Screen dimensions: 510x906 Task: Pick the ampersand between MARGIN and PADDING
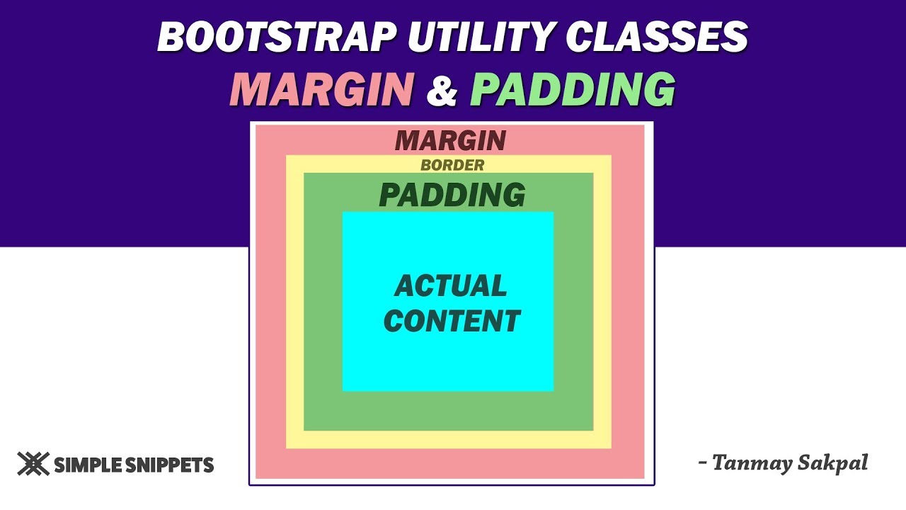point(442,91)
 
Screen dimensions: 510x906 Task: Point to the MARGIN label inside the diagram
point(451,140)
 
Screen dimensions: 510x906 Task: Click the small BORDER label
point(452,165)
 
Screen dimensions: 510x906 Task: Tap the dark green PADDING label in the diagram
point(452,195)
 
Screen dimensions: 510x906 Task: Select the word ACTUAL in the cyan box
point(451,286)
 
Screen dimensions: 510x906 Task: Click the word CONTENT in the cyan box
point(452,321)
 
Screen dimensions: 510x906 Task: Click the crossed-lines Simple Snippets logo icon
point(33,464)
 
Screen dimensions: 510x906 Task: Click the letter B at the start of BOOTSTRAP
point(172,36)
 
